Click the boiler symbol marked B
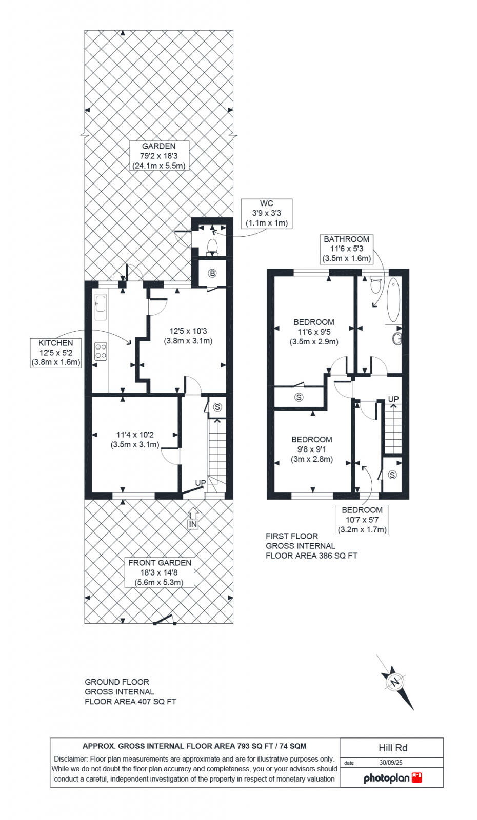tap(212, 274)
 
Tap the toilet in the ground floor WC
tap(212, 247)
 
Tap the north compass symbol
tap(395, 682)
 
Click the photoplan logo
tap(392, 778)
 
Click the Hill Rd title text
tap(392, 748)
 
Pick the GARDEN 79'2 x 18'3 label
tap(158, 156)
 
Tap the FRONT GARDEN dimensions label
tap(160, 572)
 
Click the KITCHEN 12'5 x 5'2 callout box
tap(56, 353)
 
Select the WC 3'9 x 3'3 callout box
tap(266, 213)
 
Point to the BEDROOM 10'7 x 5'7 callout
tap(362, 520)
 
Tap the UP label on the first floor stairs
tap(393, 399)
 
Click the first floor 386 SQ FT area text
tap(311, 546)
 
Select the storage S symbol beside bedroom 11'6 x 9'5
tap(299, 397)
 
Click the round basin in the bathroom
tap(397, 338)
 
